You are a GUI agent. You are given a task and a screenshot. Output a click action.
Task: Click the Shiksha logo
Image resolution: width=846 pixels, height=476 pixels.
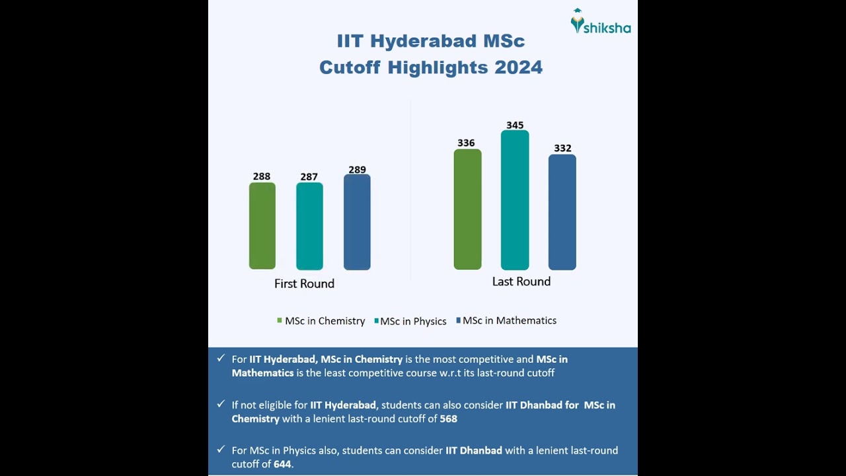click(x=600, y=22)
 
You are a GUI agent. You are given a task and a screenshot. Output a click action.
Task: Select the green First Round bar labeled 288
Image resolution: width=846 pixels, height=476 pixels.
click(x=262, y=225)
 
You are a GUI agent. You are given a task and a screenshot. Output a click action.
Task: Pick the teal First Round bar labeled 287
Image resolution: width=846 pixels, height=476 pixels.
click(x=309, y=225)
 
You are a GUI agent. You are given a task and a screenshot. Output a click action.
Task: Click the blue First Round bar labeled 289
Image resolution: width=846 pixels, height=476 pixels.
click(x=357, y=222)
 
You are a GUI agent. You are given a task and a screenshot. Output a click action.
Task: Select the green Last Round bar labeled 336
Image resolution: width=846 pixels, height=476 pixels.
click(x=467, y=209)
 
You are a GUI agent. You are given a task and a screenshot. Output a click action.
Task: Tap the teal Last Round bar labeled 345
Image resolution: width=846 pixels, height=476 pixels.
click(x=515, y=200)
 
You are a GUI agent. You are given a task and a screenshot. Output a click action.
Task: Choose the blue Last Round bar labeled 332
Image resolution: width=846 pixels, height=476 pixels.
click(x=562, y=212)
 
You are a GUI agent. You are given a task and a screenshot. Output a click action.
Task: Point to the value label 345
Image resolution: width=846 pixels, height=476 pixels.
click(x=515, y=125)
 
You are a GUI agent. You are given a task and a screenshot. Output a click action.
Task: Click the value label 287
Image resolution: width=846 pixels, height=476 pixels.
click(x=309, y=177)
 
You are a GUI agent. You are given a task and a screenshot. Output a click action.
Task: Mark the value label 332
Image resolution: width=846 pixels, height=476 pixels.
click(x=562, y=148)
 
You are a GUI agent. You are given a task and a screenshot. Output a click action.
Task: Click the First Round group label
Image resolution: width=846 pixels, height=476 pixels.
click(x=304, y=284)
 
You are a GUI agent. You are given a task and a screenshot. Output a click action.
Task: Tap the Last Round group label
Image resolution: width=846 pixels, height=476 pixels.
click(x=521, y=282)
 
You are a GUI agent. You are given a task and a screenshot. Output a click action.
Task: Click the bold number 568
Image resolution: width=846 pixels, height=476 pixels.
click(x=448, y=418)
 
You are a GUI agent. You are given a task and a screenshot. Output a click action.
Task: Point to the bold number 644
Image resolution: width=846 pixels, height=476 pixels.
click(x=282, y=464)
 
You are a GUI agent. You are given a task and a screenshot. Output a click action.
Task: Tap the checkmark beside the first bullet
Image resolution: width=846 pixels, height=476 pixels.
click(x=221, y=358)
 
